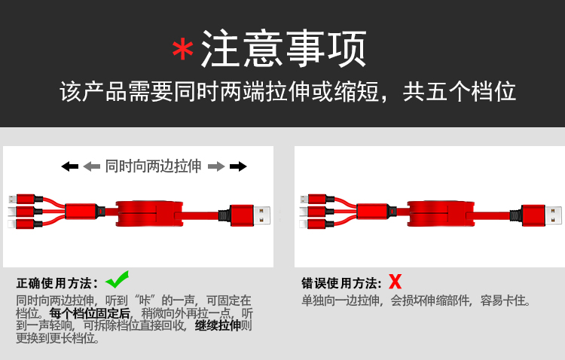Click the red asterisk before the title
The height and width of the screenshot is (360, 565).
click(183, 50)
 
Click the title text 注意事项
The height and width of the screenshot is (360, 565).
click(284, 48)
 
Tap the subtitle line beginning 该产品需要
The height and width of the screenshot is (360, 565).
click(288, 92)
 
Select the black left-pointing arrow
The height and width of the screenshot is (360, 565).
click(70, 166)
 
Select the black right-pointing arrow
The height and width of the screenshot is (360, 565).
click(238, 166)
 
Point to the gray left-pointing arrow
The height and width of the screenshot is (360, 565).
click(91, 166)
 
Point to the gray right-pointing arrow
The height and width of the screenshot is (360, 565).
click(216, 166)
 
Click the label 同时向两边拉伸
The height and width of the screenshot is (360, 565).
click(153, 166)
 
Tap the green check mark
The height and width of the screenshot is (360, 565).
click(118, 279)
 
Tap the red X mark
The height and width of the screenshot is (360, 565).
click(395, 282)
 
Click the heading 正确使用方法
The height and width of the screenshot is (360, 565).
click(57, 283)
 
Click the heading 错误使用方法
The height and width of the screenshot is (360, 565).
click(341, 283)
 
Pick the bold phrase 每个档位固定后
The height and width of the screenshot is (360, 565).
click(90, 313)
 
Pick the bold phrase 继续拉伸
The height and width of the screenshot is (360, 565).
click(218, 325)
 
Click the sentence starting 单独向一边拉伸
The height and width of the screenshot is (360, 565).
click(416, 301)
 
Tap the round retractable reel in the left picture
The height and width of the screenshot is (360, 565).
click(149, 213)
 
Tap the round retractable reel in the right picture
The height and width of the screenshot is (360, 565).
click(441, 213)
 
